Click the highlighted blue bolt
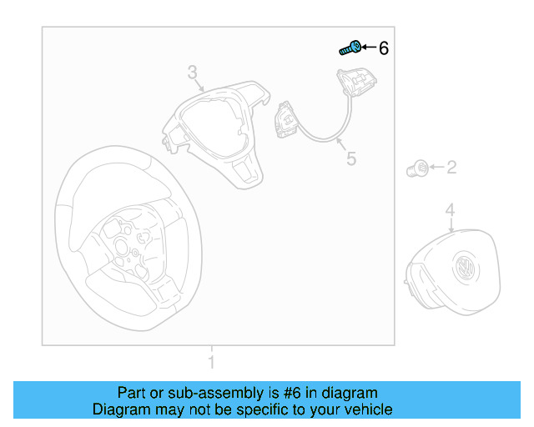[x=350, y=48]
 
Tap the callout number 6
[x=384, y=48]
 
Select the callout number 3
[x=193, y=73]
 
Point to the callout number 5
[x=351, y=158]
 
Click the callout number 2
[x=451, y=167]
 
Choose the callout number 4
[x=451, y=209]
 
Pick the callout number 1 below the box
[x=211, y=362]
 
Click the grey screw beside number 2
[x=417, y=168]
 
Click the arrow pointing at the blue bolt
[x=369, y=47]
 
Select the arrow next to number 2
[x=437, y=167]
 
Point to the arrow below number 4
[x=451, y=225]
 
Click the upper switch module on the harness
[x=356, y=82]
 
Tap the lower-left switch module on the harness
[x=287, y=119]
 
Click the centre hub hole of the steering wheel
[x=121, y=246]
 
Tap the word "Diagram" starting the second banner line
[x=121, y=409]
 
